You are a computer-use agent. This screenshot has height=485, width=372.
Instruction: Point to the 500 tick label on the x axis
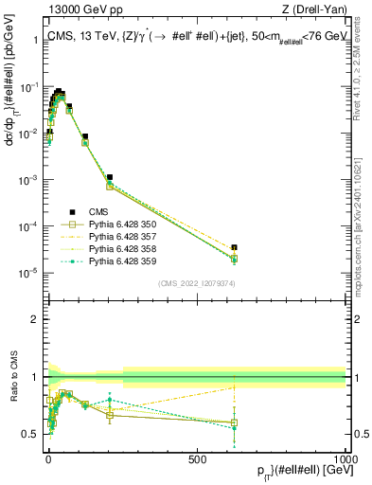coord(197,458)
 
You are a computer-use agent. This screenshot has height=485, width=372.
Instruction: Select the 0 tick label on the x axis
coord(48,458)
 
